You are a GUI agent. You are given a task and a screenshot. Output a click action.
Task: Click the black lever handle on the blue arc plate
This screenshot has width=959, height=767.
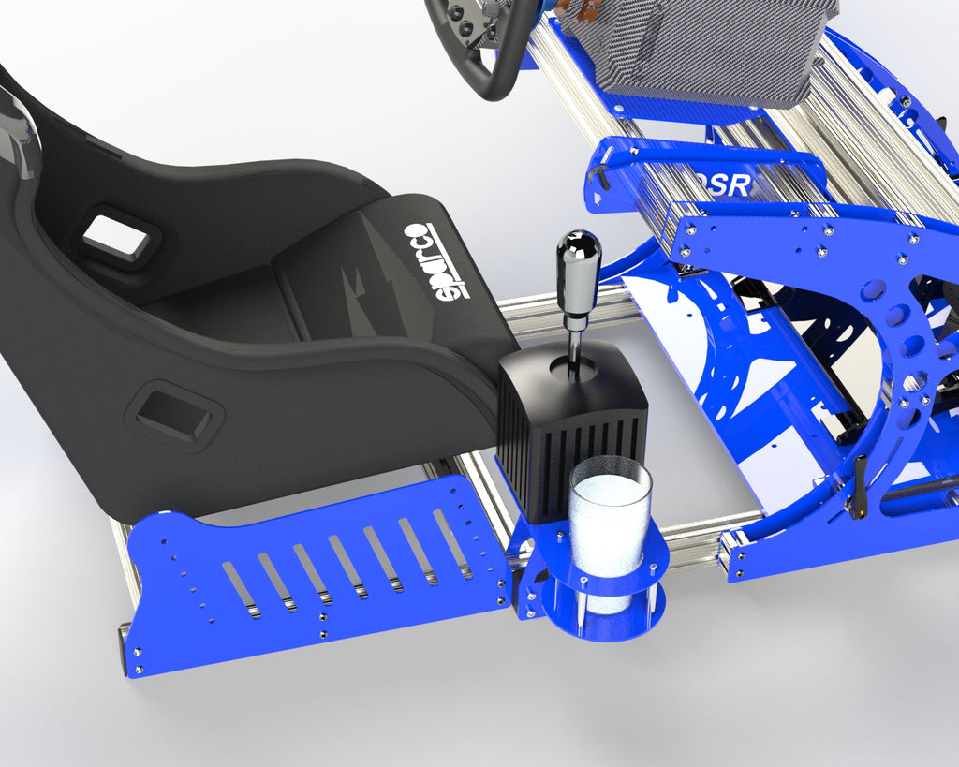click(857, 487)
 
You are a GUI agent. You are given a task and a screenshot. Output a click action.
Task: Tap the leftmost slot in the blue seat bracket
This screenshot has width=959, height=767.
click(240, 590)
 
